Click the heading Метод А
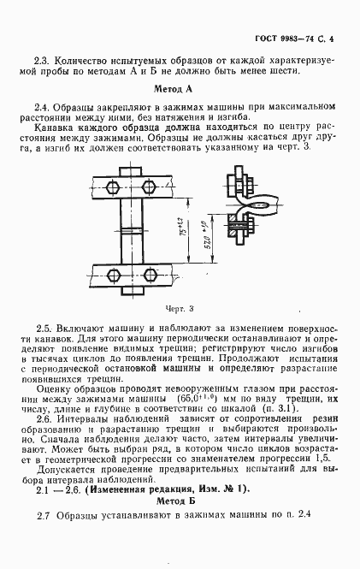pyautogui.click(x=180, y=89)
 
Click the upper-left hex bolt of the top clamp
pyautogui.click(x=113, y=185)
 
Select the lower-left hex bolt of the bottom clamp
pyautogui.click(x=113, y=275)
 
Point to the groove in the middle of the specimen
pyautogui.click(x=132, y=230)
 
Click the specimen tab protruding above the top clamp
pyautogui.click(x=132, y=172)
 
